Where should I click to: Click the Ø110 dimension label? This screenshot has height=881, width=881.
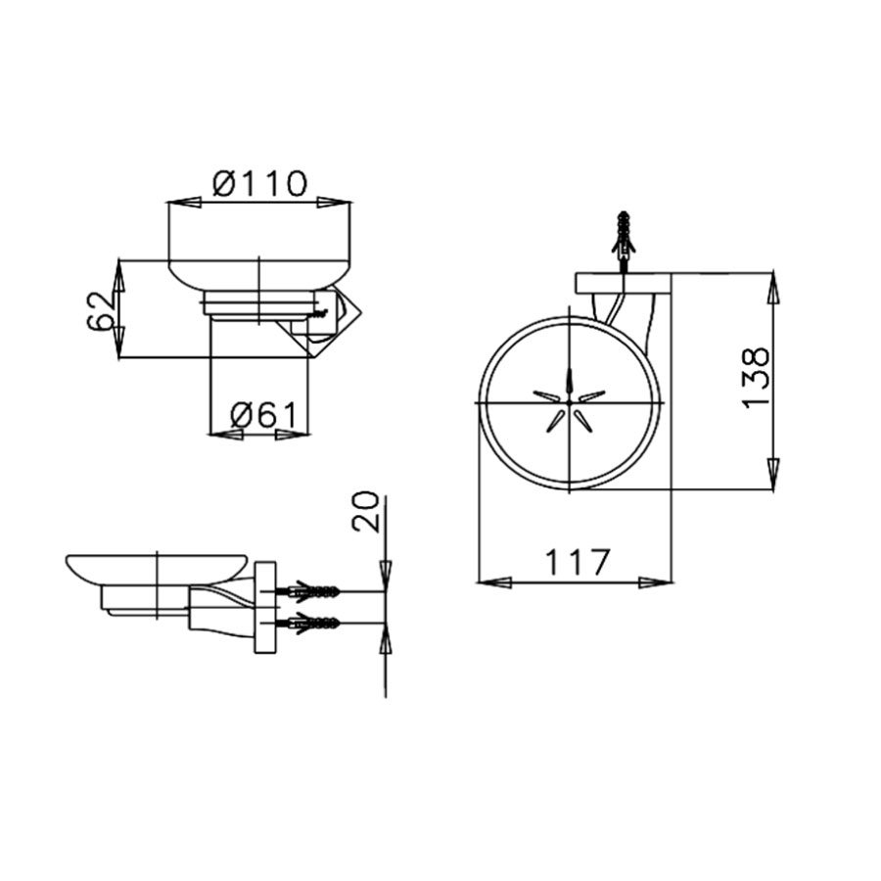coord(259,182)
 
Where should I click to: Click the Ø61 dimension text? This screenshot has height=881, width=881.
coord(261,416)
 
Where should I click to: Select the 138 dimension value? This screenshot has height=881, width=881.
coord(756,377)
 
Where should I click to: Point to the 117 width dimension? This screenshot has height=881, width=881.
coord(577,562)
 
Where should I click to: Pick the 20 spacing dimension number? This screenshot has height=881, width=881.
coord(365,512)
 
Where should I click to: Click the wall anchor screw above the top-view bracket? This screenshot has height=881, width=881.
coord(624,233)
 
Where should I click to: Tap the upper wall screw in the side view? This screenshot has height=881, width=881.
coord(311,592)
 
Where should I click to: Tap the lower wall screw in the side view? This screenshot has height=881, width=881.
coord(311,622)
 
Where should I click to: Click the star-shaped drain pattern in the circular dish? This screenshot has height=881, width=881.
coord(569,402)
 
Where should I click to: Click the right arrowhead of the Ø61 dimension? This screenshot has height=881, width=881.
coord(293,434)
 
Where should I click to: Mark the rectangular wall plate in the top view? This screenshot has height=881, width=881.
coord(623,283)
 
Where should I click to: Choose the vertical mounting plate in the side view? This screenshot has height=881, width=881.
coord(264,607)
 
